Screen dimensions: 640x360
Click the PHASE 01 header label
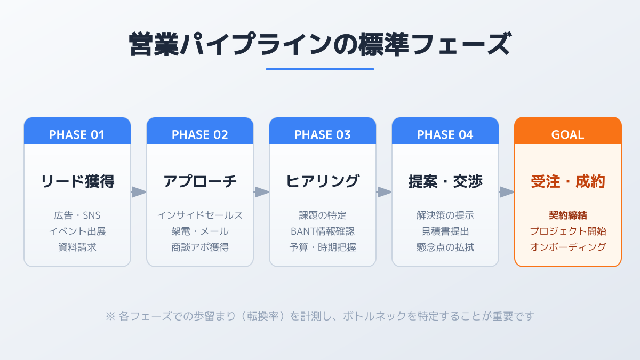click(x=77, y=134)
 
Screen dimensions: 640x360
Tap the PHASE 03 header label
click(x=322, y=134)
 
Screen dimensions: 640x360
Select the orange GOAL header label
click(x=567, y=134)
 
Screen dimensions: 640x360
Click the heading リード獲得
click(x=77, y=181)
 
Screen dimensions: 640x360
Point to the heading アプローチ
click(x=200, y=181)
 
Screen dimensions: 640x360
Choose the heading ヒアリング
click(x=323, y=181)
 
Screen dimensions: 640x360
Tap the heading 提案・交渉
click(x=445, y=181)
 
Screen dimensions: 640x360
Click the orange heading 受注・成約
click(x=568, y=181)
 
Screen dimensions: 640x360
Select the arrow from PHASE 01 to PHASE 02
click(x=139, y=192)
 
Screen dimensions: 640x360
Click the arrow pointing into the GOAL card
click(x=507, y=192)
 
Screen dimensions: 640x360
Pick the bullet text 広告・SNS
click(x=77, y=215)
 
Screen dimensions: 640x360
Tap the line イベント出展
click(x=77, y=231)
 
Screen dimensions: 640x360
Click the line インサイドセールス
click(x=200, y=215)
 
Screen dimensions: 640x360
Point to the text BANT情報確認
click(x=323, y=231)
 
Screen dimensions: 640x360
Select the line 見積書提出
click(x=445, y=231)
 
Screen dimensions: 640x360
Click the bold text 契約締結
click(x=568, y=215)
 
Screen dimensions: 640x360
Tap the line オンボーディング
click(x=568, y=247)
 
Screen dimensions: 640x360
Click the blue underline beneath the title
click(x=320, y=69)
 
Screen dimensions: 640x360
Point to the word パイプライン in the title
click(x=255, y=44)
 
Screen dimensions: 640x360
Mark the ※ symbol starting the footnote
click(x=110, y=316)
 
